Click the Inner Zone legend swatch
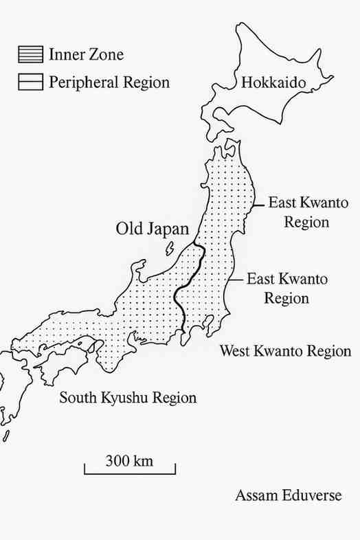(30, 53)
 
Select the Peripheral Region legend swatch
(30, 82)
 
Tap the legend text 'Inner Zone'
(86, 54)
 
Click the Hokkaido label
(273, 83)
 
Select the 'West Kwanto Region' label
(285, 351)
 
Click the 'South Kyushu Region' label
(128, 398)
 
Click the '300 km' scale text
(130, 460)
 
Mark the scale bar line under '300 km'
(130, 473)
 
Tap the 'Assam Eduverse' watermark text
(288, 495)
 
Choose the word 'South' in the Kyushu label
(78, 398)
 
